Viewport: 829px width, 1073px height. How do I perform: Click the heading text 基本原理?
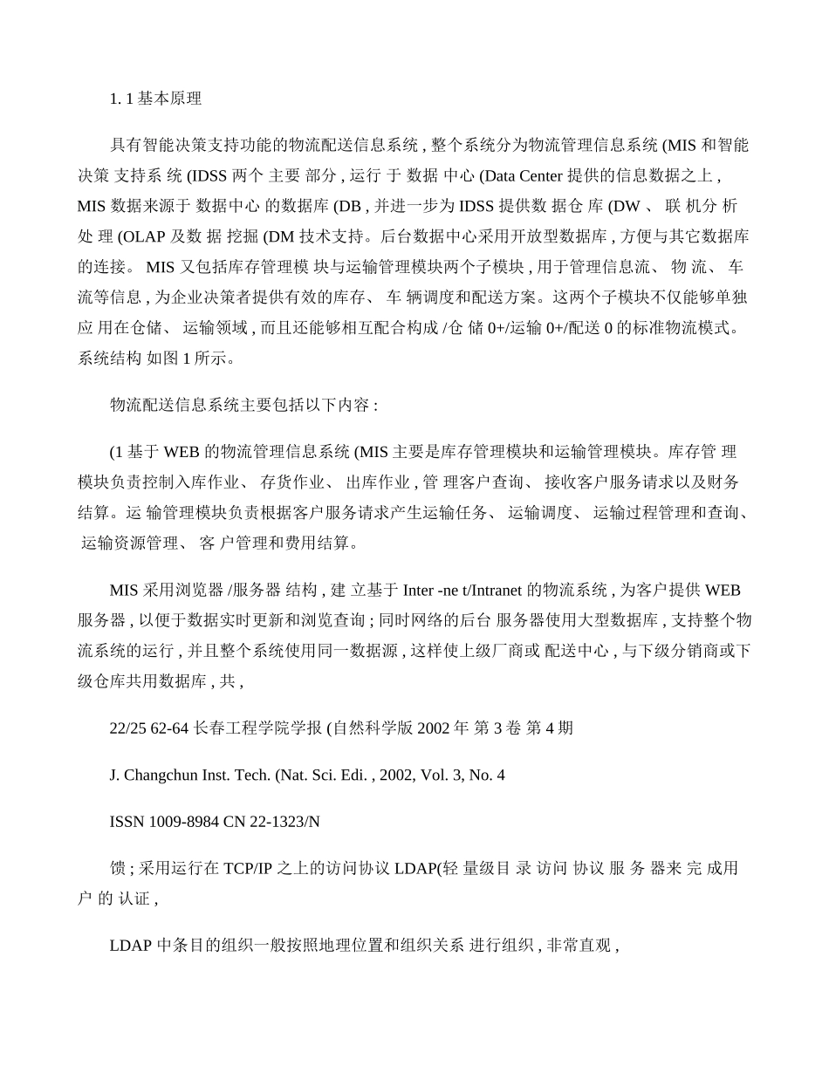click(x=170, y=99)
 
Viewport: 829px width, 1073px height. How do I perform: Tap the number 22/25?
click(x=127, y=728)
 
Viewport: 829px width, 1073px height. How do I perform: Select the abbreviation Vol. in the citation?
click(x=433, y=775)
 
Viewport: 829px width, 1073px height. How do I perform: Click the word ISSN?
click(x=127, y=822)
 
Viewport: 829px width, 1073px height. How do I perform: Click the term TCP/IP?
click(x=250, y=869)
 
